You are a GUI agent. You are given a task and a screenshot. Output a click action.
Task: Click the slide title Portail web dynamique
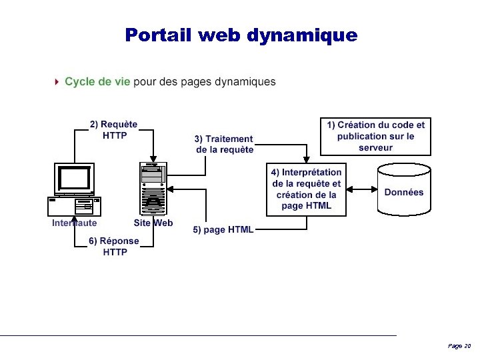click(241, 35)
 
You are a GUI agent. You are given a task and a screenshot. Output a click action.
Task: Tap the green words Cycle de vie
click(97, 82)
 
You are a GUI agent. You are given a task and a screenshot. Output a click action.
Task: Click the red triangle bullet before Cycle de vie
click(58, 82)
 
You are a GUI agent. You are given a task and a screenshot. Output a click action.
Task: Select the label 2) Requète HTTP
click(114, 129)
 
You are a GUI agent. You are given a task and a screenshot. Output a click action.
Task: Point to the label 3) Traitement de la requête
click(224, 144)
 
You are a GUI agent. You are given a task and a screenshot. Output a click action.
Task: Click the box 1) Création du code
click(375, 136)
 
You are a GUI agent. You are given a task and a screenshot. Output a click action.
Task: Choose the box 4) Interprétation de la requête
click(307, 189)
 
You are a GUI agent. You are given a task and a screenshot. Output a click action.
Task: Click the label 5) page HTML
click(223, 230)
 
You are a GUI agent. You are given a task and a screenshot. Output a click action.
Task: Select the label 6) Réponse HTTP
click(114, 247)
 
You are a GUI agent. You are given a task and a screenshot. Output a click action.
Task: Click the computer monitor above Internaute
click(75, 178)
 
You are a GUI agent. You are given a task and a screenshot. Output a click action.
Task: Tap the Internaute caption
click(75, 223)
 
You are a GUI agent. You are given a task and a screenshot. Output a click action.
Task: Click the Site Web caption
click(153, 223)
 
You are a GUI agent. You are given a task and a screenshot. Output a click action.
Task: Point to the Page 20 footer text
click(459, 346)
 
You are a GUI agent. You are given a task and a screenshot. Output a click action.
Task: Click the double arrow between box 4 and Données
click(363, 189)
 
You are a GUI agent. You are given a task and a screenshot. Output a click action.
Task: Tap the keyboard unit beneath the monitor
click(74, 206)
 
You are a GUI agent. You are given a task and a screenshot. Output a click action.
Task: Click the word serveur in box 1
click(375, 147)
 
